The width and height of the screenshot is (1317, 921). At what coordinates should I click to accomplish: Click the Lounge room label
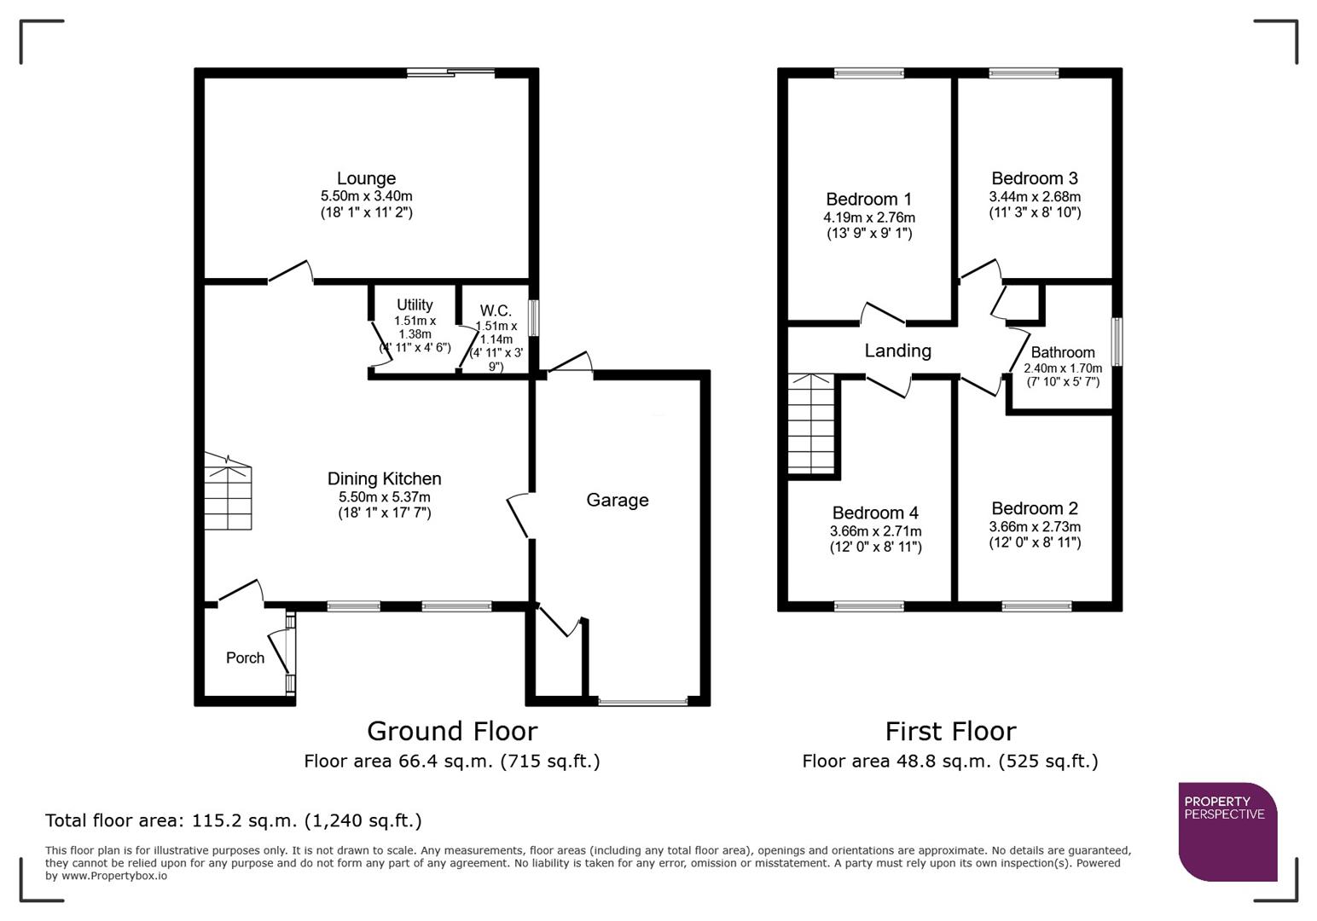tap(366, 178)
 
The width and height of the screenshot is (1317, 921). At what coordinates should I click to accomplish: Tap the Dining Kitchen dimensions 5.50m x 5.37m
tap(384, 496)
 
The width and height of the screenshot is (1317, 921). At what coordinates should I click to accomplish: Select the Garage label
tap(617, 500)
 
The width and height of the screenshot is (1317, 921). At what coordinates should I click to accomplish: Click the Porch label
tap(245, 657)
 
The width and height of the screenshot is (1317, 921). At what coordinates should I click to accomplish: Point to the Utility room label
tap(415, 304)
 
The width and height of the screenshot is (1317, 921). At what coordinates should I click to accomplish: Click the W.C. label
tap(496, 310)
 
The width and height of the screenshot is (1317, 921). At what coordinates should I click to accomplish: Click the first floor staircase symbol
tap(809, 423)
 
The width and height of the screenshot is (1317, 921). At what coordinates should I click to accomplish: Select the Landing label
tap(897, 350)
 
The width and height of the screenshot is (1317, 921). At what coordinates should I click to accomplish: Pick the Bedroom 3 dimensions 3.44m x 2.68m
tap(1034, 197)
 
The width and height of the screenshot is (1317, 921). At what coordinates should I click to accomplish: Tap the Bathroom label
tap(1062, 352)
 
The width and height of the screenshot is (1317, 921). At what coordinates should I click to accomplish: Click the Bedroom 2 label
tap(1034, 508)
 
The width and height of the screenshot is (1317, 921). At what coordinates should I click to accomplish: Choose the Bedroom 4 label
tap(875, 513)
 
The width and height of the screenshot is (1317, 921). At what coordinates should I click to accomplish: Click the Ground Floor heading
tap(451, 731)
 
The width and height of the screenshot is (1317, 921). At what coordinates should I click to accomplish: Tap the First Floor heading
tap(950, 731)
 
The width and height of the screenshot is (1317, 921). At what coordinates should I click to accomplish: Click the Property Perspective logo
tap(1227, 831)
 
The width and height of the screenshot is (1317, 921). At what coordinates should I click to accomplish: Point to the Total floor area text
tap(233, 820)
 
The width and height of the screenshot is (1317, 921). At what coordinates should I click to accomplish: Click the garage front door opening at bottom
tap(642, 702)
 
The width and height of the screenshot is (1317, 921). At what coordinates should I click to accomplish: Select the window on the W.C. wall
tap(533, 318)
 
